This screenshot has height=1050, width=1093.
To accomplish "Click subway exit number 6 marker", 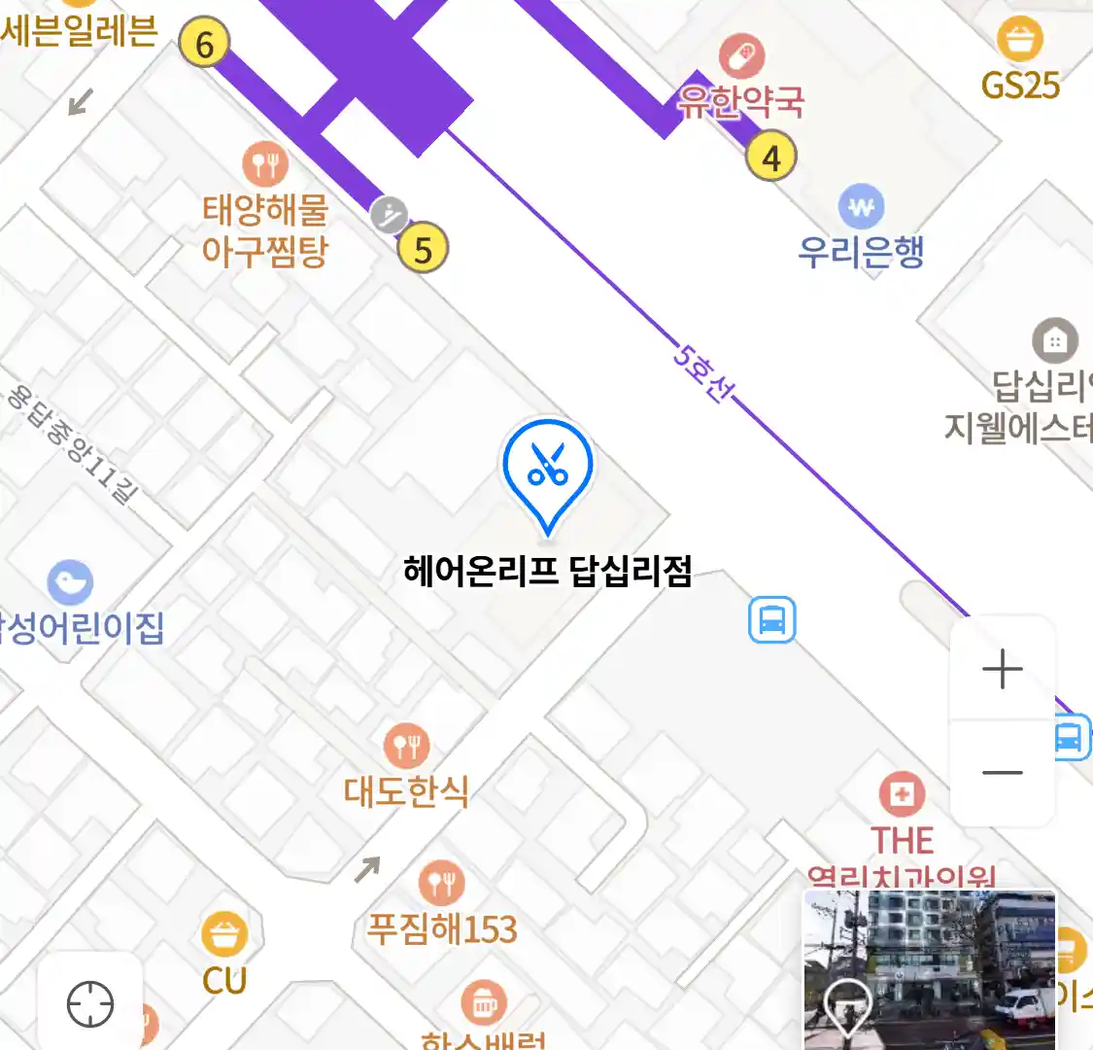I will tap(204, 44).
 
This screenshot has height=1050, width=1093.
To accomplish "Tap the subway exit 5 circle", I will tap(423, 249).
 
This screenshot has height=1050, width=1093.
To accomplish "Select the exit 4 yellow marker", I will tap(771, 157).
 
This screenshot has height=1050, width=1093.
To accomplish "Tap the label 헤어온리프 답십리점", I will tap(548, 571).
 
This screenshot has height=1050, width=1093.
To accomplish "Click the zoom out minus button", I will tap(1003, 773).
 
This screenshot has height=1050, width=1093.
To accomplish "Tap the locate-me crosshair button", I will tap(90, 1003).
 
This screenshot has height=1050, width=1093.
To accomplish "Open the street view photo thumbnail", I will tap(929, 969).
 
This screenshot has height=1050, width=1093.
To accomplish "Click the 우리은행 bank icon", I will tap(861, 207).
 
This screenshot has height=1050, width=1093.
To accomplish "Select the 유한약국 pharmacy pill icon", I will tap(741, 56).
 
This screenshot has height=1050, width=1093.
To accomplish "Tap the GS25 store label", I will tap(1020, 85).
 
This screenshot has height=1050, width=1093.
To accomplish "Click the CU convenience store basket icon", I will tap(224, 935).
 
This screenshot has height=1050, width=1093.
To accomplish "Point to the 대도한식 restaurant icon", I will tap(407, 747).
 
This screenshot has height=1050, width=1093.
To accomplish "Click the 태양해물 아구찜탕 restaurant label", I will tap(265, 230).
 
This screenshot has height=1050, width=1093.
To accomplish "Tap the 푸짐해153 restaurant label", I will tap(442, 928).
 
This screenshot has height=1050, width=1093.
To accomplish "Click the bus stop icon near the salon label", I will tap(772, 619).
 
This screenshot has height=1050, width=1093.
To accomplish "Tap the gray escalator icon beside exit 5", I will tap(389, 215).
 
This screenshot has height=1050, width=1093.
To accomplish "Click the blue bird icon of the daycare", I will tap(70, 582).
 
